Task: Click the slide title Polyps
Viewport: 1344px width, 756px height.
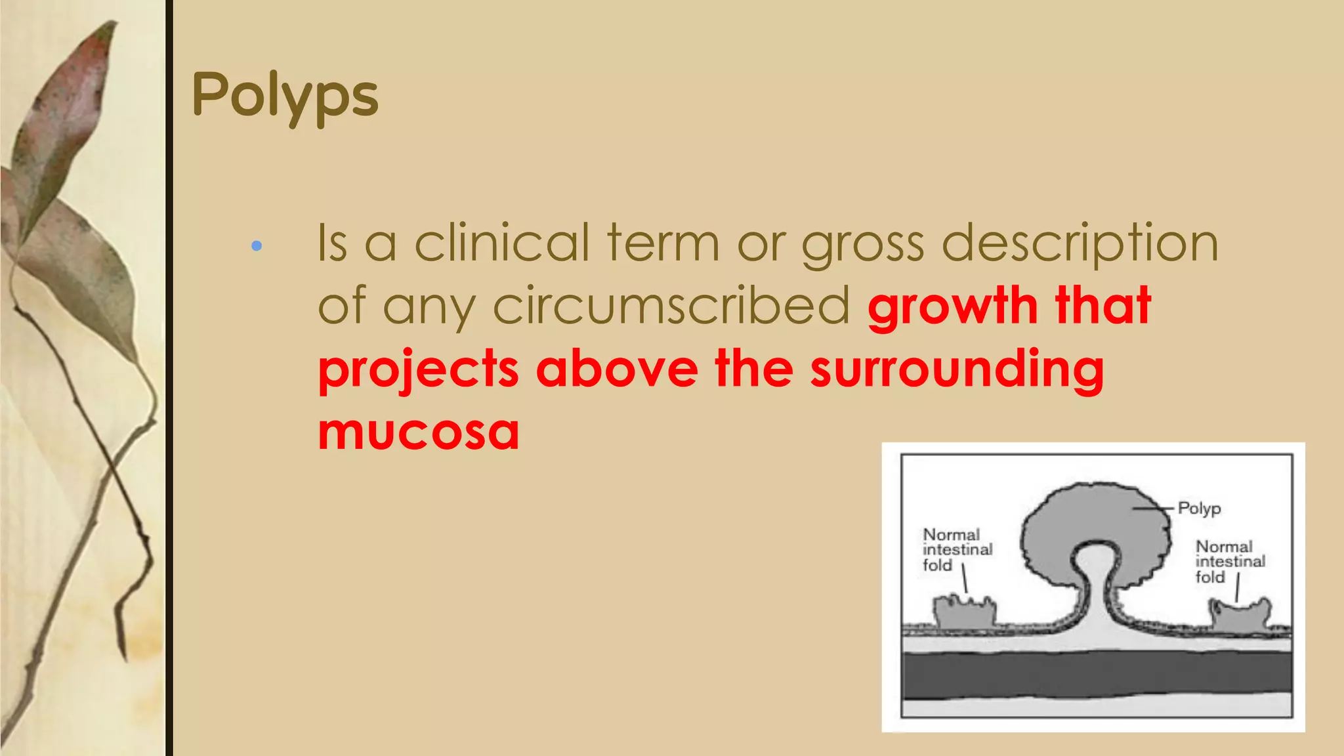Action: (x=285, y=96)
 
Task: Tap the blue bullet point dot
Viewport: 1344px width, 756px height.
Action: (x=257, y=246)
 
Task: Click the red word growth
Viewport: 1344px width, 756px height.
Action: (x=952, y=306)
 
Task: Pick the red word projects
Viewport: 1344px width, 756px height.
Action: (x=418, y=369)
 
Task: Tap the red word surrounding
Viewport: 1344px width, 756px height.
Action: (x=956, y=369)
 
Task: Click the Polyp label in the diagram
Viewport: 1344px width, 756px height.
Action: (x=1199, y=509)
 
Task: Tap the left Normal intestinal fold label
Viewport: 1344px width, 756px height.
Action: (x=956, y=550)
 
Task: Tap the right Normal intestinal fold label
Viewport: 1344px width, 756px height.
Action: (x=1229, y=562)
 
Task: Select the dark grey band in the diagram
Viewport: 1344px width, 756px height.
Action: (x=1096, y=675)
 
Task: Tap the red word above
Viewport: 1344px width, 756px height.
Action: (x=617, y=369)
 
